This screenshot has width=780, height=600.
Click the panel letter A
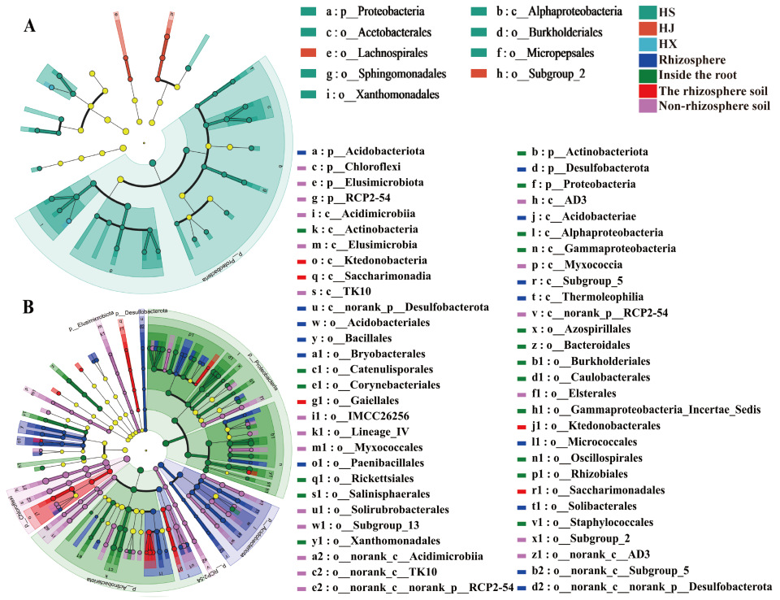pyautogui.click(x=29, y=25)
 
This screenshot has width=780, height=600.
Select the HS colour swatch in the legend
pyautogui.click(x=647, y=12)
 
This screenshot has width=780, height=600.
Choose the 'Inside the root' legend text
pyautogui.click(x=700, y=76)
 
